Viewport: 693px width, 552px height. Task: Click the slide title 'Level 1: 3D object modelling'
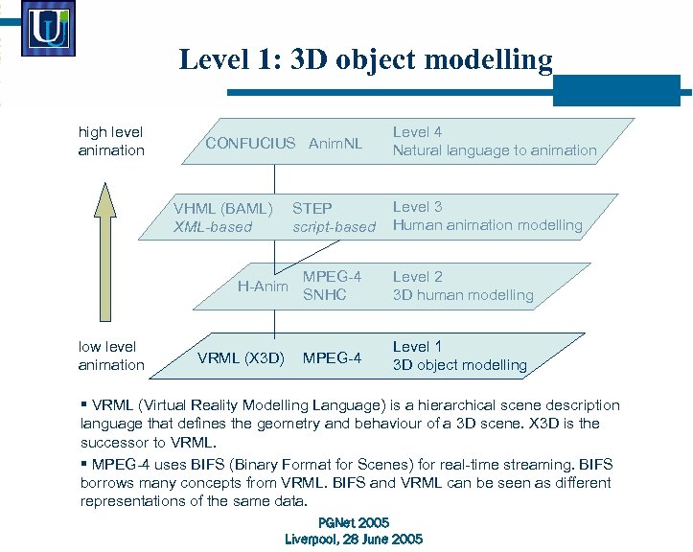[x=365, y=61]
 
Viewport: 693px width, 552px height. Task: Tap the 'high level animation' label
[x=111, y=141]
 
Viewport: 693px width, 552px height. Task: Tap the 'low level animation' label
[x=111, y=356]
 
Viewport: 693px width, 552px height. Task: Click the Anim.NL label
[x=335, y=144]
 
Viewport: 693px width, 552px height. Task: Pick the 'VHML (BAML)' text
[x=223, y=208]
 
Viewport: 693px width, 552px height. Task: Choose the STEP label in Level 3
[x=312, y=208]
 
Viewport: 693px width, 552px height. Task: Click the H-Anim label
[x=263, y=285]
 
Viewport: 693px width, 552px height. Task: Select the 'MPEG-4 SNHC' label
[x=332, y=286]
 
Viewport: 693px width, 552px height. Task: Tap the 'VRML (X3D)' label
[x=241, y=358]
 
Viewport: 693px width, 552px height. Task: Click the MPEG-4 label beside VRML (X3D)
[x=332, y=358]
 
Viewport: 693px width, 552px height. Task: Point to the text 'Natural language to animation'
[x=495, y=150]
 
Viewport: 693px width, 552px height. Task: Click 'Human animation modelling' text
[x=488, y=225]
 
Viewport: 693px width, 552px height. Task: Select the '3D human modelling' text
[x=463, y=295]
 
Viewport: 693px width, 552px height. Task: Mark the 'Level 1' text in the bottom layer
[x=417, y=346]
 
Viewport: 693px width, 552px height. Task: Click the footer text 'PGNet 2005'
[x=353, y=522]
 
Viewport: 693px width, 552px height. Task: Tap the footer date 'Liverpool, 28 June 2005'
[x=354, y=540]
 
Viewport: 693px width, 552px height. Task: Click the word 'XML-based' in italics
[x=213, y=227]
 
